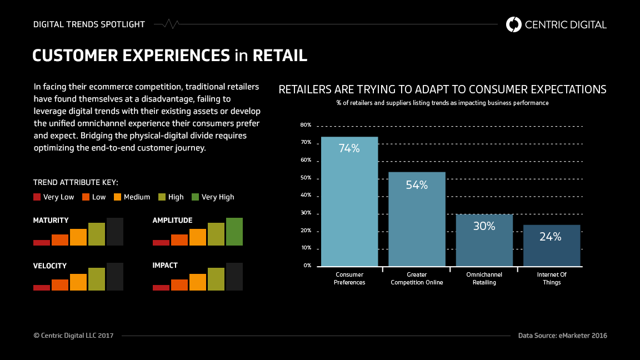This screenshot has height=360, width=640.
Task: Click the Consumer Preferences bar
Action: pyautogui.click(x=349, y=201)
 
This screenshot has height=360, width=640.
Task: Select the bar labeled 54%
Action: pyautogui.click(x=417, y=219)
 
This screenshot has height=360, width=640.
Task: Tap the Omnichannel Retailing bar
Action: pyautogui.click(x=484, y=240)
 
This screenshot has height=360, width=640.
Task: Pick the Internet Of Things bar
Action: pyautogui.click(x=552, y=245)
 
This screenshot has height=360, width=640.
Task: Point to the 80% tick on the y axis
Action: pyautogui.click(x=306, y=125)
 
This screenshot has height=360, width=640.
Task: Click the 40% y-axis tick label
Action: pyautogui.click(x=306, y=196)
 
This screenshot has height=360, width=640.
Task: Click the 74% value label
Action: pyautogui.click(x=349, y=148)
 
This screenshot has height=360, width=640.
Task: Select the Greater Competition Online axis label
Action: pyautogui.click(x=417, y=278)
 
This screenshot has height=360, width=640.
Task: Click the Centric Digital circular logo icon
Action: pyautogui.click(x=514, y=24)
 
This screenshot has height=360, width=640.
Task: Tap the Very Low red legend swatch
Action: pyautogui.click(x=37, y=197)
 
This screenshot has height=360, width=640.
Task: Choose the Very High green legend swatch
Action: pyautogui.click(x=195, y=197)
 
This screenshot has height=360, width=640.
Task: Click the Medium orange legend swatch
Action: pyautogui.click(x=118, y=197)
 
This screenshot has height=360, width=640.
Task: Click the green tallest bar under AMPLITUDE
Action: pyautogui.click(x=234, y=232)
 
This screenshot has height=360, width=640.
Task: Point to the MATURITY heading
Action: pyautogui.click(x=51, y=221)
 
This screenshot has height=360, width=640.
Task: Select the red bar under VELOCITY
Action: pyautogui.click(x=42, y=288)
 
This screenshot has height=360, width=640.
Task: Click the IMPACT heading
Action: pyautogui.click(x=165, y=266)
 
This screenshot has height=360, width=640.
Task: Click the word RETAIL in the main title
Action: pyautogui.click(x=279, y=56)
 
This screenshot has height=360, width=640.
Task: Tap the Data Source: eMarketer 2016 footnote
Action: pyautogui.click(x=562, y=336)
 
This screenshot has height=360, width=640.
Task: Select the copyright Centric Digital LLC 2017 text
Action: pyautogui.click(x=73, y=336)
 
